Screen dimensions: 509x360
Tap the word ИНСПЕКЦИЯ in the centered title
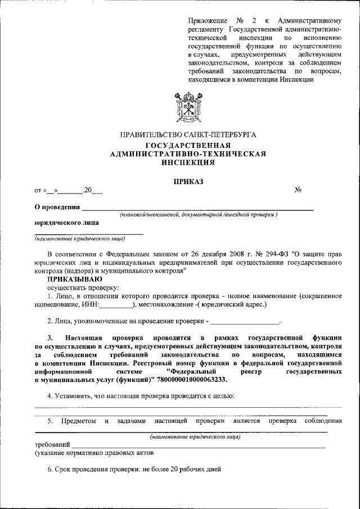point(188,163)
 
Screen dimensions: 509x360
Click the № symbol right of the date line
point(299,191)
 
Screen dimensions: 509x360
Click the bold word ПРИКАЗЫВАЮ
point(74,279)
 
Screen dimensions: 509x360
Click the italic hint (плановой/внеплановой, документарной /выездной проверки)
point(198,215)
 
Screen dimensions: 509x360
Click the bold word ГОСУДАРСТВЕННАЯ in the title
point(188,146)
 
